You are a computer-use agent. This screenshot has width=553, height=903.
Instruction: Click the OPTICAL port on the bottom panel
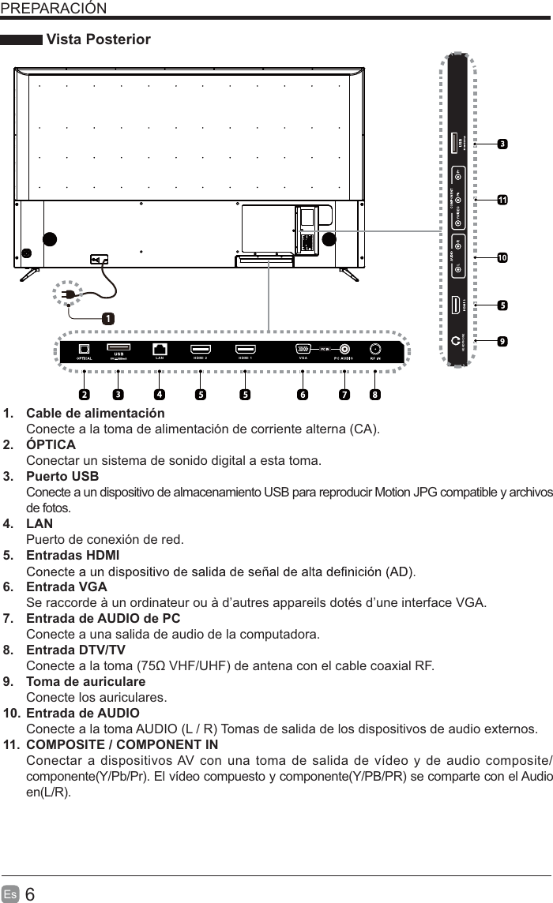tap(84, 349)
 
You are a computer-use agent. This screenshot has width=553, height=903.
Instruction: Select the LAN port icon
tap(160, 349)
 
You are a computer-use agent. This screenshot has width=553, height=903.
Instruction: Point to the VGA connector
tap(303, 349)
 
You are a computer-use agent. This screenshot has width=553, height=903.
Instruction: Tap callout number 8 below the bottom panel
tap(374, 393)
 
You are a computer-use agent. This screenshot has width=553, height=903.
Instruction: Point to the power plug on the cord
tap(68, 294)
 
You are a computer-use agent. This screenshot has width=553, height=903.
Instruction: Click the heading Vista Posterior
tap(99, 39)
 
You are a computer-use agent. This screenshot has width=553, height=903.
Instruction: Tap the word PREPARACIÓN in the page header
tap(54, 8)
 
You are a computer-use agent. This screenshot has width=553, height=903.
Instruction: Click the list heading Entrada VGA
tap(67, 587)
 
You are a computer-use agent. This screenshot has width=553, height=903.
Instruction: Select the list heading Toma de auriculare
tap(85, 681)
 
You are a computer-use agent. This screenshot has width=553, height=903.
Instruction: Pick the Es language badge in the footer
tap(11, 894)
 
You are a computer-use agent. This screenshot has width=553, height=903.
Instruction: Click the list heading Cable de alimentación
tap(96, 414)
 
